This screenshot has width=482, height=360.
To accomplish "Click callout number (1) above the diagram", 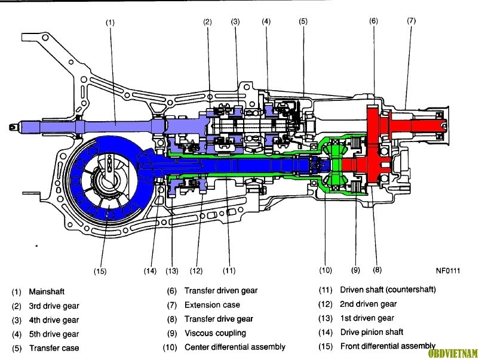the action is click(x=110, y=23).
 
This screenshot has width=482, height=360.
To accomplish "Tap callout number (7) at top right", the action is click(x=412, y=21).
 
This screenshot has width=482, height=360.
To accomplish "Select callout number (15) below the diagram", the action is click(x=100, y=271).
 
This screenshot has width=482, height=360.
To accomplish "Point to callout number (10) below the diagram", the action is click(x=326, y=270).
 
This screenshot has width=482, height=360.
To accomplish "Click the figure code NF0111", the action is click(x=448, y=270).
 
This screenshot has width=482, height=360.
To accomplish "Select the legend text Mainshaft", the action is click(x=47, y=291).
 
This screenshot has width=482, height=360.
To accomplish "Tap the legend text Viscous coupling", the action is click(x=215, y=333).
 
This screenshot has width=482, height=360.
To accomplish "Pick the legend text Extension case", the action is click(x=212, y=305).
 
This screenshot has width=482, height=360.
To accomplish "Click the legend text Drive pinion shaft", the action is click(x=372, y=333).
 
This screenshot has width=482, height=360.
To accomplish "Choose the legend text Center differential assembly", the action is click(x=235, y=347).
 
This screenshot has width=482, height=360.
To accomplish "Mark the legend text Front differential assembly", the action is click(x=388, y=346).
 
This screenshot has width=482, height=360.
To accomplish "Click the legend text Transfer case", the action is click(x=54, y=348).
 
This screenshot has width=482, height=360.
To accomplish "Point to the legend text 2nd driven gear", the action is click(x=369, y=304).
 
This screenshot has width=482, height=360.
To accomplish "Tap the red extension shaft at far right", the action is click(x=418, y=125).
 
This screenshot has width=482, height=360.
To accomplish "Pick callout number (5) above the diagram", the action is click(x=303, y=21).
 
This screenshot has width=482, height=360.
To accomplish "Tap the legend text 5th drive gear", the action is click(x=54, y=334).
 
